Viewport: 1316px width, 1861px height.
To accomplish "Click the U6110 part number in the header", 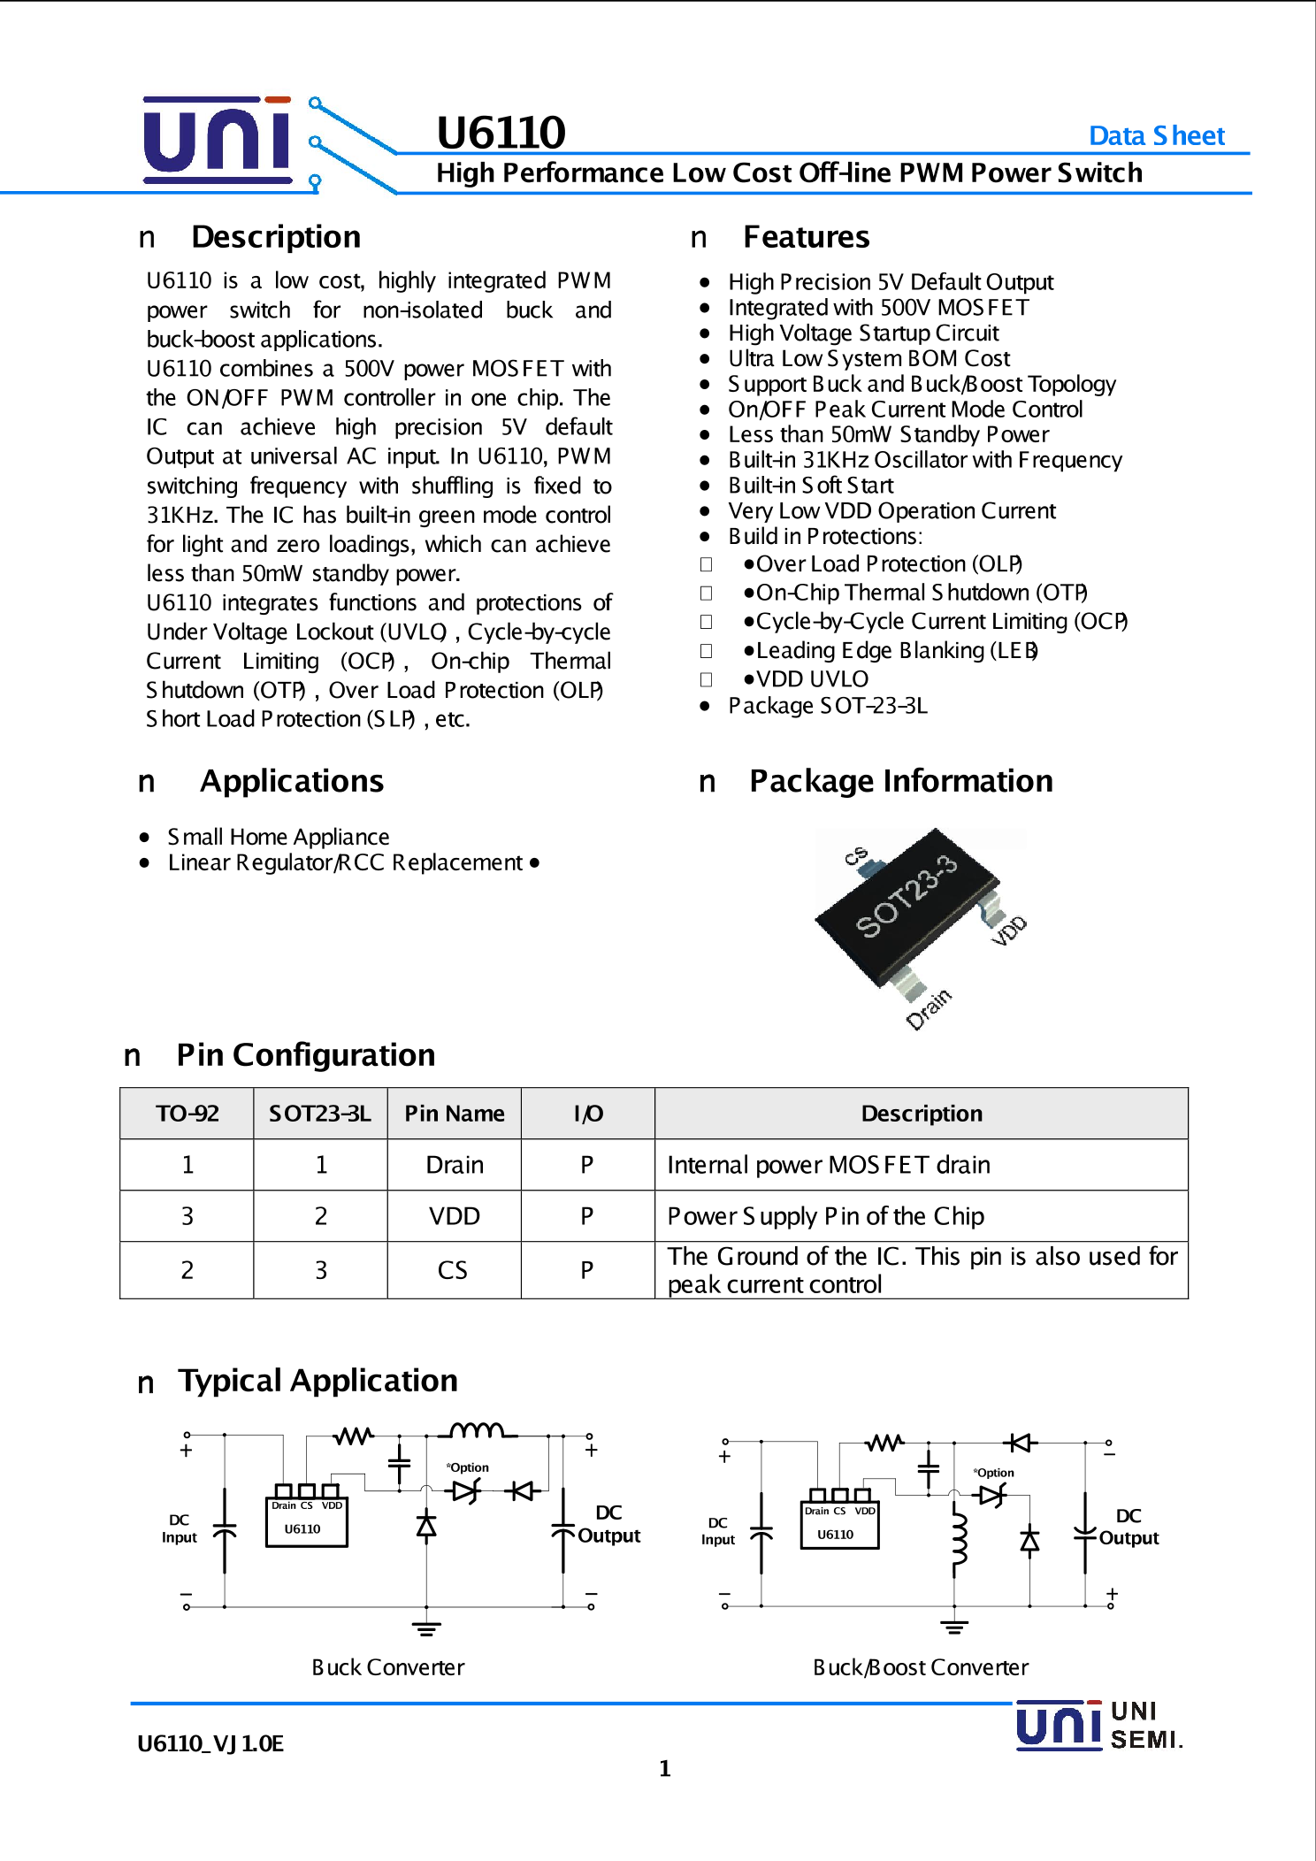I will click(501, 133).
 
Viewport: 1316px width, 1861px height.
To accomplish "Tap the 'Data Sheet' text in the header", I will click(1156, 135).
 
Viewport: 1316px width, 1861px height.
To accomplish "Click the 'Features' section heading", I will click(806, 237).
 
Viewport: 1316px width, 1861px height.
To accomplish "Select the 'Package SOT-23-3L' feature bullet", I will click(827, 706).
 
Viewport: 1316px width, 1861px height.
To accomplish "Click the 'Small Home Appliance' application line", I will click(278, 837).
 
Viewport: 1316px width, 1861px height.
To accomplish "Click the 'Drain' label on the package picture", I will click(929, 1009).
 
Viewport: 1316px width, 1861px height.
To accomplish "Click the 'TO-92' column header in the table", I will click(187, 1114).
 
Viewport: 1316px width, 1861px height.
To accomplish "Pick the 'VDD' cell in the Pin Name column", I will click(454, 1216).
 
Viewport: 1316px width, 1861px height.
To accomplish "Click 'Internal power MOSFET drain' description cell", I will click(828, 1165).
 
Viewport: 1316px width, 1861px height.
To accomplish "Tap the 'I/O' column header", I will click(587, 1114).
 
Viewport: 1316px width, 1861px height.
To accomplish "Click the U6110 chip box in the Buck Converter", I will click(306, 1521).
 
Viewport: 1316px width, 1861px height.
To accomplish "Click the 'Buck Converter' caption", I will click(387, 1667).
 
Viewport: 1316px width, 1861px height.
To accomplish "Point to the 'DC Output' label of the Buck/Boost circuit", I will click(1129, 1527).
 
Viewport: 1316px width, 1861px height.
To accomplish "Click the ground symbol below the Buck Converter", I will click(426, 1627).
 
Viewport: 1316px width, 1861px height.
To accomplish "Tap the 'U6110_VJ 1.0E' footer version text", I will click(210, 1743).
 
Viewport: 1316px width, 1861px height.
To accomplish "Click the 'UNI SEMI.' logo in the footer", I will click(1099, 1726).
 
